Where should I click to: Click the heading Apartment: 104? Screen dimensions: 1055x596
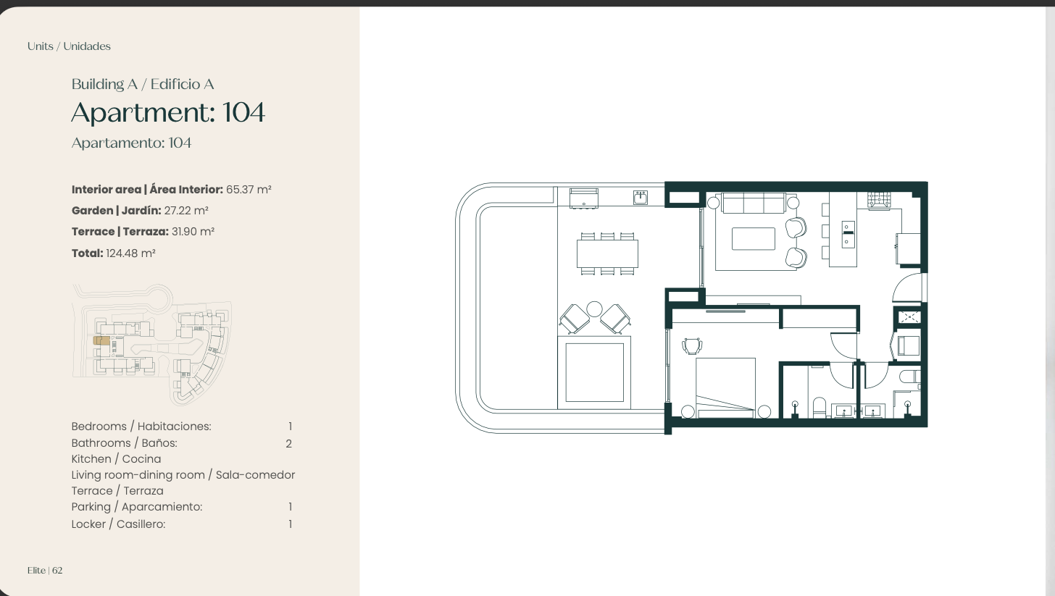coord(168,112)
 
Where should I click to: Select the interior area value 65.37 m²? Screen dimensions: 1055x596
coord(249,189)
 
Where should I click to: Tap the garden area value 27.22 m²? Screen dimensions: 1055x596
coord(186,211)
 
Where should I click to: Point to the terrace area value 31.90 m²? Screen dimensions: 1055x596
coord(193,232)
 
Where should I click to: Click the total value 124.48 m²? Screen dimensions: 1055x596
coord(130,253)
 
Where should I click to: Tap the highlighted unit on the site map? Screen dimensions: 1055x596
coord(101,340)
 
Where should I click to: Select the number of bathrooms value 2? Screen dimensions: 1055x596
coord(288,443)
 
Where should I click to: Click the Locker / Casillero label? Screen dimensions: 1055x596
coord(118,524)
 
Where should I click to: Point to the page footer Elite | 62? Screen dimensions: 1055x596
coord(45,571)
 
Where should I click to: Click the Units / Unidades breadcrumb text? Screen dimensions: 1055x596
coord(69,46)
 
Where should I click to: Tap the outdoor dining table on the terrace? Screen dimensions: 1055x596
coord(607,253)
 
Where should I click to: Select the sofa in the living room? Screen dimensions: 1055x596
coord(754,203)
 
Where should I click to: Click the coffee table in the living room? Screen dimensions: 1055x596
coord(754,239)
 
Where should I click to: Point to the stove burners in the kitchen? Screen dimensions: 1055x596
coord(880,200)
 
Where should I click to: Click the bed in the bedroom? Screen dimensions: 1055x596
coord(726,388)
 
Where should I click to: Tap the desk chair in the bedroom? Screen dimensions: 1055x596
coord(692,346)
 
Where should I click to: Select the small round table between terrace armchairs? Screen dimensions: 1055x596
coord(594,309)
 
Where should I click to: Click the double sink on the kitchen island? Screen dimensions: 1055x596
coord(848,235)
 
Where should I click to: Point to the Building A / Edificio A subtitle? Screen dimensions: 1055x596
coord(143,84)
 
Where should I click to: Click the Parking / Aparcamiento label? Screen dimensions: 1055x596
coord(136,507)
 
